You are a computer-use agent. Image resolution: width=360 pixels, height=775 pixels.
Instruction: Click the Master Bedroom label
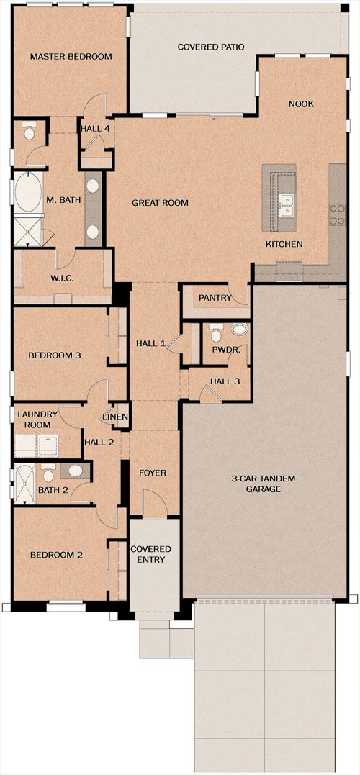click(x=71, y=56)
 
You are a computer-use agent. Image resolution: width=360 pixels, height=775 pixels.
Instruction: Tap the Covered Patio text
click(x=211, y=47)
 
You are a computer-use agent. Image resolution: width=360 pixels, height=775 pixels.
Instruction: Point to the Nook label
click(x=302, y=104)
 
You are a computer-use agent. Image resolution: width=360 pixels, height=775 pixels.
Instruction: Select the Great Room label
click(x=161, y=203)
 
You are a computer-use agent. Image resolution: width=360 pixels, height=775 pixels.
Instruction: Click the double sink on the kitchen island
click(x=286, y=205)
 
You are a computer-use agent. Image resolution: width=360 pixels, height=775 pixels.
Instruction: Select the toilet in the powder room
click(x=215, y=333)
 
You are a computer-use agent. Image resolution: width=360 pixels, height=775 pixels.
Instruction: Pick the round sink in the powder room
click(x=240, y=330)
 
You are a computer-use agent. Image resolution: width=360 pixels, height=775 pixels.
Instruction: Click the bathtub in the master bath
click(x=28, y=193)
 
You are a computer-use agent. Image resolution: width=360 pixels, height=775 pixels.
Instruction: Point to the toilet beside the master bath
click(x=30, y=130)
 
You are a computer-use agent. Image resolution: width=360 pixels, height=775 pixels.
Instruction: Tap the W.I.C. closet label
click(x=63, y=278)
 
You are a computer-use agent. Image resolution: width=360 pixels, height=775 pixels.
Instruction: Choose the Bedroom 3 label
click(x=55, y=355)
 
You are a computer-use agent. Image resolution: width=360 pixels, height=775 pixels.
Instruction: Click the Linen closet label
click(x=116, y=417)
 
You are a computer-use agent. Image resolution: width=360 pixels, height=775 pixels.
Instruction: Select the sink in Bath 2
click(x=75, y=471)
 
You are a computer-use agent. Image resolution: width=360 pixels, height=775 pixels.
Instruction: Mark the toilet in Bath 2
click(x=48, y=473)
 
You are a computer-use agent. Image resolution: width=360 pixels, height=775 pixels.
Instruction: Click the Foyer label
click(x=153, y=473)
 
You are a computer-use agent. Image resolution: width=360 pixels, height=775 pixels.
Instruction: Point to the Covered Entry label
click(x=150, y=554)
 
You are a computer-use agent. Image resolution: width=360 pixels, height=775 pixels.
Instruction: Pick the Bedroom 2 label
click(x=56, y=555)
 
